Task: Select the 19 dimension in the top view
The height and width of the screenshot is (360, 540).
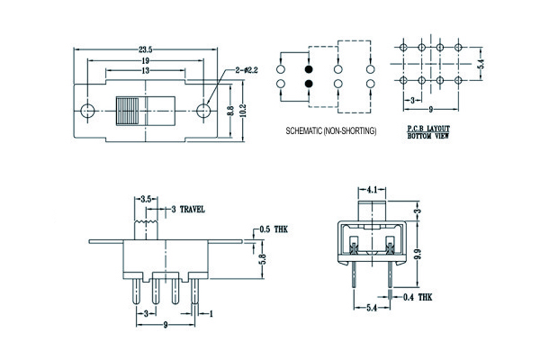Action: click(146, 61)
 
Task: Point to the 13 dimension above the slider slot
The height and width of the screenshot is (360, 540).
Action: click(145, 71)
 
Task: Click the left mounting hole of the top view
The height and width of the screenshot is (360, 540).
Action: click(87, 112)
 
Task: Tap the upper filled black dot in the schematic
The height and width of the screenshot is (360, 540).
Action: click(309, 68)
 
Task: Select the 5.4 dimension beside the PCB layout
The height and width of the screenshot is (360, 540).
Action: click(482, 66)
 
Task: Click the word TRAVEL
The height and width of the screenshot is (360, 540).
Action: click(192, 210)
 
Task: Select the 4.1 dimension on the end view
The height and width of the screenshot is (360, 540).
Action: click(374, 189)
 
